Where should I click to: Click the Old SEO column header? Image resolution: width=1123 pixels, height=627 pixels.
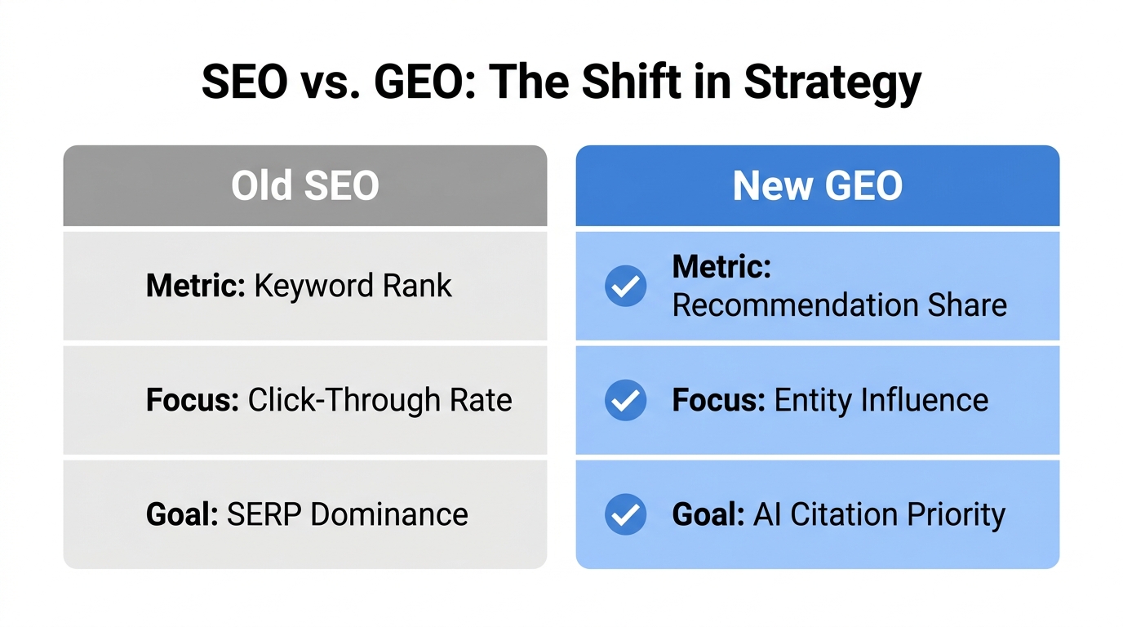pyautogui.click(x=305, y=186)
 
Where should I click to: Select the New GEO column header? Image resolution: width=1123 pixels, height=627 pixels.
pyautogui.click(x=818, y=186)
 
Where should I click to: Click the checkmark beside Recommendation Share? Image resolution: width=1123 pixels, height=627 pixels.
pyautogui.click(x=625, y=286)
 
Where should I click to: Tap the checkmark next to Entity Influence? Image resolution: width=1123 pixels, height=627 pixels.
pyautogui.click(x=625, y=400)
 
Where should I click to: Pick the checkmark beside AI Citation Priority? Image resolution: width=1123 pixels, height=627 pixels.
pyautogui.click(x=625, y=514)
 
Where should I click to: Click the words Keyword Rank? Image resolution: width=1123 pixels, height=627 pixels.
pyautogui.click(x=353, y=286)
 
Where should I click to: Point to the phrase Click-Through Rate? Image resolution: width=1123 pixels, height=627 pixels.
pyautogui.click(x=380, y=400)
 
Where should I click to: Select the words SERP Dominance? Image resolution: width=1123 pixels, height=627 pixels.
pyautogui.click(x=347, y=514)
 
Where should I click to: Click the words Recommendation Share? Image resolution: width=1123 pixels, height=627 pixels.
pyautogui.click(x=839, y=305)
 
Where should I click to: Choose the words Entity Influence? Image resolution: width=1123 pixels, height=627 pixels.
pyautogui.click(x=881, y=400)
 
